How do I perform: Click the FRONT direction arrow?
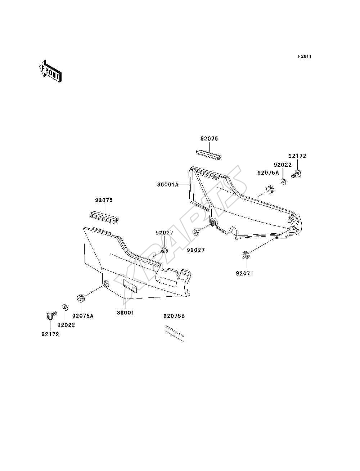pos(50,71)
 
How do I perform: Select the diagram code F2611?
pos(305,57)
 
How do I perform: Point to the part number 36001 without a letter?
pos(126,313)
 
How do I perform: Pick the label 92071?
pos(244,274)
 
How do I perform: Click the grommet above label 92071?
pos(245,255)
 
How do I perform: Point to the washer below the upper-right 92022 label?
pos(284,182)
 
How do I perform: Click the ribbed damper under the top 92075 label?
pos(208,155)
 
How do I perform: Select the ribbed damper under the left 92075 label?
pos(104,218)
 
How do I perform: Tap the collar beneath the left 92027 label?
pos(165,250)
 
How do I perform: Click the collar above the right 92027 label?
pos(195,233)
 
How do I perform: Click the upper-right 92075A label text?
pos(268,172)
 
